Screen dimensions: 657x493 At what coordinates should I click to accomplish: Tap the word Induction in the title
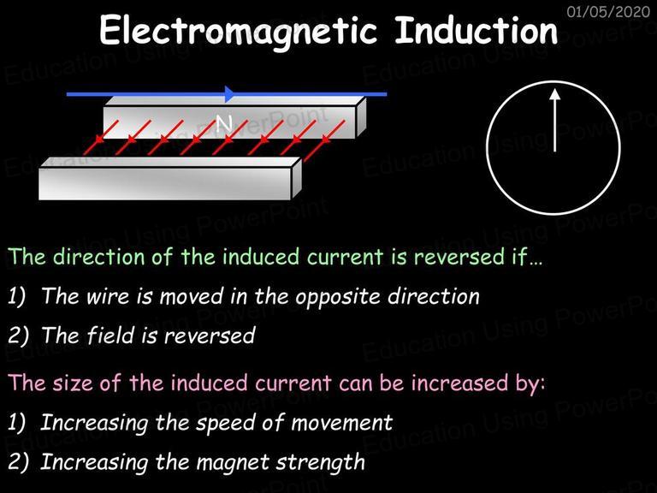click(x=476, y=29)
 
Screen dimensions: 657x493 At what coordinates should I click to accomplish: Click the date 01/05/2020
click(x=608, y=11)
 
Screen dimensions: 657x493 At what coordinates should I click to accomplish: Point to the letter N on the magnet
click(x=224, y=123)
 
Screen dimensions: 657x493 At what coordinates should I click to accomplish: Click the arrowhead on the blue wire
click(x=230, y=94)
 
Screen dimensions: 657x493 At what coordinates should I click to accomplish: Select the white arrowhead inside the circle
click(x=554, y=94)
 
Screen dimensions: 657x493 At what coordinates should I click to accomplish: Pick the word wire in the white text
click(x=108, y=296)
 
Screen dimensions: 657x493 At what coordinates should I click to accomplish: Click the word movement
click(x=342, y=423)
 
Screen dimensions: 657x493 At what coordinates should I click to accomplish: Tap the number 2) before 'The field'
click(x=19, y=336)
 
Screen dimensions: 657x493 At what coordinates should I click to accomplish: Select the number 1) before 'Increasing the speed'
click(x=17, y=423)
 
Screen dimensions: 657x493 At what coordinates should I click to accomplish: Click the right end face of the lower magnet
click(x=297, y=178)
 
